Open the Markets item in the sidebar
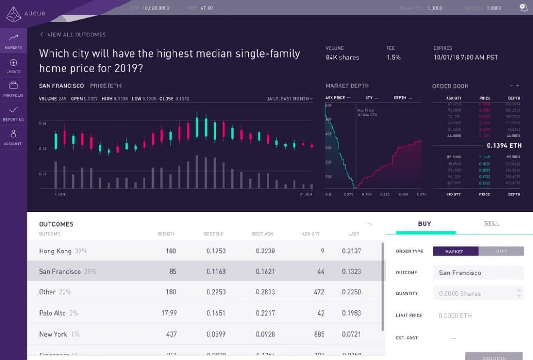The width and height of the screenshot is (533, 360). click(x=14, y=41)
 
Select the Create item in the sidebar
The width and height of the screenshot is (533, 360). click(x=14, y=66)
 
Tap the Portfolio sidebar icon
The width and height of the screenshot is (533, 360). click(x=14, y=89)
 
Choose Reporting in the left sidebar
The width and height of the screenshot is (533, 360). click(x=14, y=114)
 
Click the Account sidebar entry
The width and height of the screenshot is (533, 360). click(x=13, y=137)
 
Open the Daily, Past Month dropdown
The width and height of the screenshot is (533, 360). click(x=289, y=99)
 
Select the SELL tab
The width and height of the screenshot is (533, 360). click(x=491, y=223)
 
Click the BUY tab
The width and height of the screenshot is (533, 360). click(x=425, y=224)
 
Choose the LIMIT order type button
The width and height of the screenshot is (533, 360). click(x=501, y=252)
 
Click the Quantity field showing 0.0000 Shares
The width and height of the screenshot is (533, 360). click(x=477, y=294)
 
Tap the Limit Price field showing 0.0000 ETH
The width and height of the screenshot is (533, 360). click(x=477, y=316)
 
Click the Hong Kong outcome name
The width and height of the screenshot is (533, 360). click(x=55, y=251)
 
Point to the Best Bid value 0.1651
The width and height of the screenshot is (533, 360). click(x=216, y=313)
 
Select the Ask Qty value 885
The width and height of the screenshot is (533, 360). click(x=319, y=334)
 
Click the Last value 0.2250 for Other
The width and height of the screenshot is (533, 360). click(x=351, y=292)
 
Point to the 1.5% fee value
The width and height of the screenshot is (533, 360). click(x=393, y=58)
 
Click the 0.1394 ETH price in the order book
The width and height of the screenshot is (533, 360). click(x=504, y=145)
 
